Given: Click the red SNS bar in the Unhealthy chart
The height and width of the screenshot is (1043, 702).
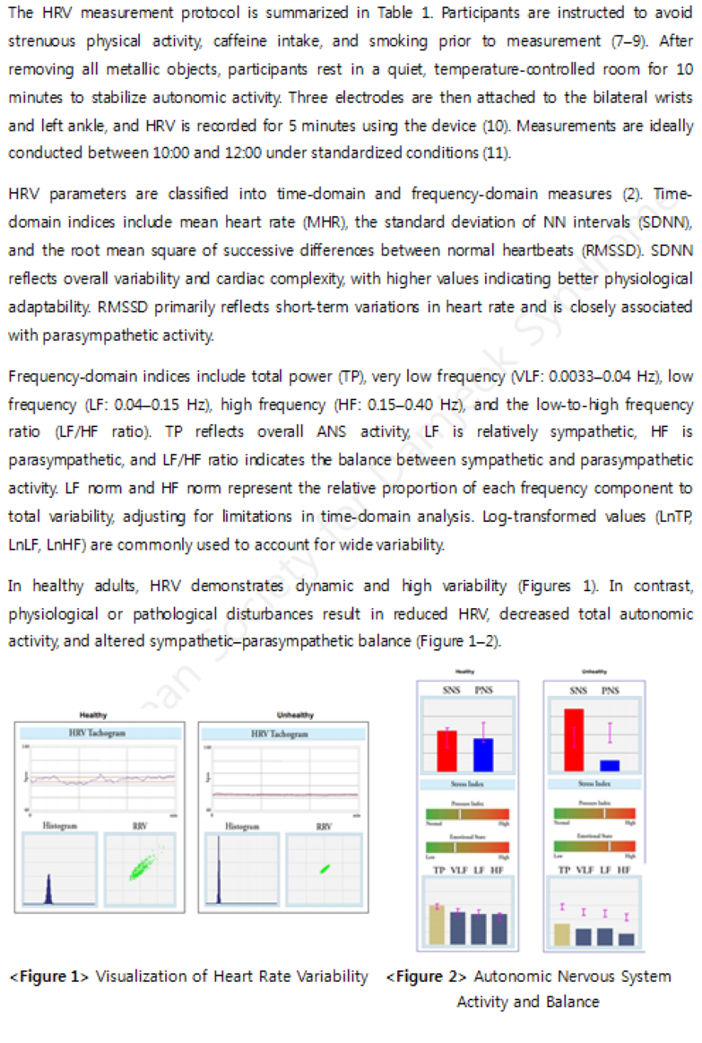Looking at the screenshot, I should point(574,740).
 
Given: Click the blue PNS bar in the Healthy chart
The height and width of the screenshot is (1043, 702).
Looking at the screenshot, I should point(483,754).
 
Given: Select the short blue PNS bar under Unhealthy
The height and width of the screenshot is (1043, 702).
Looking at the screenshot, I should point(610,766).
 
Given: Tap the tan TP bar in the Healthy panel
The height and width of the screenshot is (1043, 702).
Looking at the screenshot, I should point(437,924).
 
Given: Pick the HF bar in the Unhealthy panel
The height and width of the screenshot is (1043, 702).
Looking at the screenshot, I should point(626,939).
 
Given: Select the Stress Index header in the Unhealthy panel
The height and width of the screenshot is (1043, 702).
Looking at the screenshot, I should point(593,785).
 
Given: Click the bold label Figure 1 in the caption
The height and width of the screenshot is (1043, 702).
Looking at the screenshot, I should point(49,977).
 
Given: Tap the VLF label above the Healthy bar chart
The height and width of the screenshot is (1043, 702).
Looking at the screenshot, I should point(458,870).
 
